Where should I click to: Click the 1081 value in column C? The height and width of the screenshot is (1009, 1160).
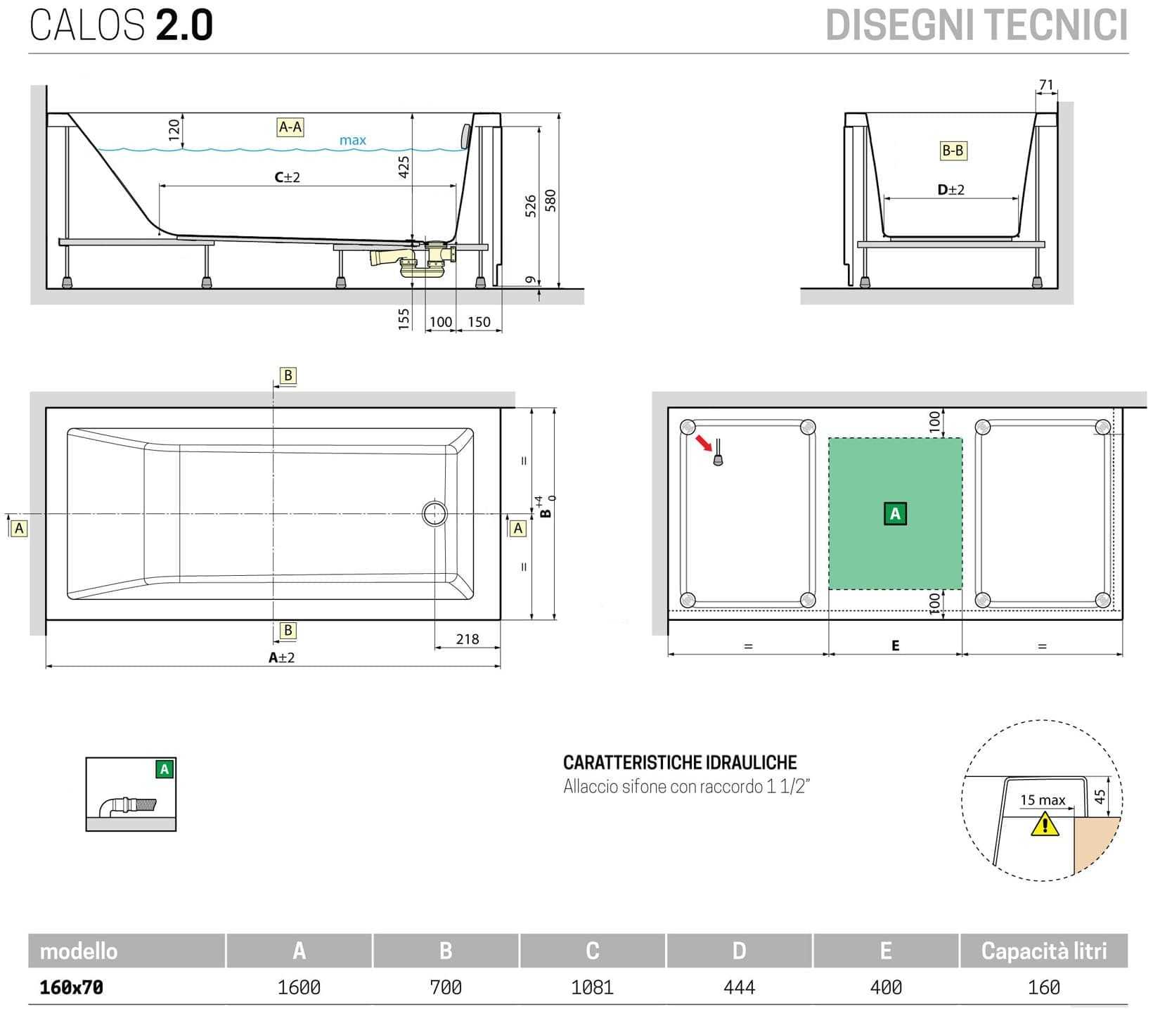[x=592, y=987]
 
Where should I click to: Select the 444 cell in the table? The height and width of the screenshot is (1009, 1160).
[x=739, y=987]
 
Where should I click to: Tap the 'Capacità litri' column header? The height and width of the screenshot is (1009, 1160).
[x=1043, y=951]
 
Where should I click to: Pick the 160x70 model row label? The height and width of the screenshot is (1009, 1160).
[x=71, y=987]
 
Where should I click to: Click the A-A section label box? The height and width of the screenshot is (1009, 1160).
[x=290, y=127]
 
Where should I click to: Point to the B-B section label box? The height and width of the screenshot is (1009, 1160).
[x=953, y=150]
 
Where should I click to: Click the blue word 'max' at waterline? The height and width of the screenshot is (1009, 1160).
[x=352, y=141]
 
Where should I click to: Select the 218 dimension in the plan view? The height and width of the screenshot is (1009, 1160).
[x=467, y=639]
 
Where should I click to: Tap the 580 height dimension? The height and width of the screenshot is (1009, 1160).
[x=550, y=200]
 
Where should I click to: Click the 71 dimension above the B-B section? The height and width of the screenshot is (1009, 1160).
[x=1046, y=85]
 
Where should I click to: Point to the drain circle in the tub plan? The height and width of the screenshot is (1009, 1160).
[x=434, y=514]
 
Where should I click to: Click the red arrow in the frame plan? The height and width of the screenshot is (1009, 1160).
[x=702, y=443]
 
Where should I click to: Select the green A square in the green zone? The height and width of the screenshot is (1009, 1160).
[x=895, y=514]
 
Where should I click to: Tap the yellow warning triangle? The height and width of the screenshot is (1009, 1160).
[x=1045, y=823]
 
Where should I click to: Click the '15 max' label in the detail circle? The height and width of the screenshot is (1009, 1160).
[x=1042, y=800]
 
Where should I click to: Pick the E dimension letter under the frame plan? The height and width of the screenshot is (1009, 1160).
[x=895, y=645]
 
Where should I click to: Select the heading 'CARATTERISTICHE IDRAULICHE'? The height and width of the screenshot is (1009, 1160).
[x=680, y=763]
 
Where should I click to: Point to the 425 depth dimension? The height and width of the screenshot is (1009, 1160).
[x=404, y=167]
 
